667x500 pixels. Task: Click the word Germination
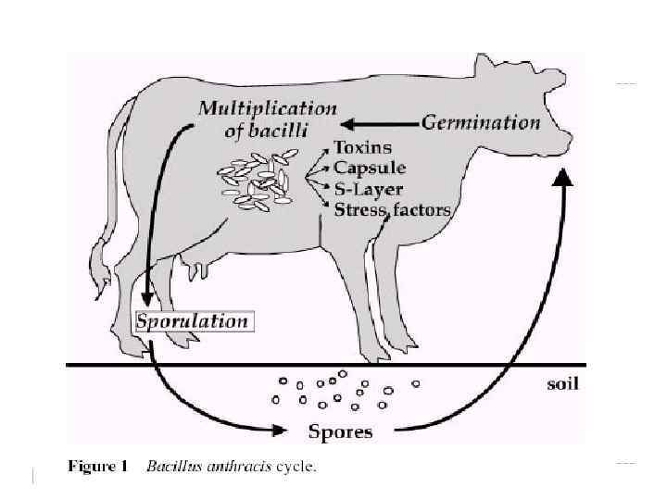[481, 122]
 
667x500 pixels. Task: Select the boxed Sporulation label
[193, 321]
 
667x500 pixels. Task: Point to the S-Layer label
[368, 188]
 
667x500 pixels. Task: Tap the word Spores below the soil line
[340, 431]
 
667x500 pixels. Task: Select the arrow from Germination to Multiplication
[380, 122]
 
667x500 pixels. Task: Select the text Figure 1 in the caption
[97, 467]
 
